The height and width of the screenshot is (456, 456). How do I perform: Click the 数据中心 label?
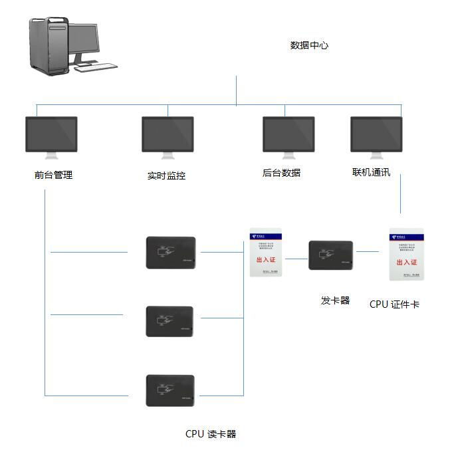point(309,46)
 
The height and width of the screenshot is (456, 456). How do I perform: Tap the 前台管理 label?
point(53,175)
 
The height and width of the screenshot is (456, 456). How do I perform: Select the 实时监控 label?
point(166,176)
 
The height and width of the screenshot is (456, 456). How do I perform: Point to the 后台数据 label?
point(281,173)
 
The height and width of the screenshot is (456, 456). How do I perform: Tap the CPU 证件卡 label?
point(394,304)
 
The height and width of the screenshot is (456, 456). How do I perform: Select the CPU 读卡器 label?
point(211,434)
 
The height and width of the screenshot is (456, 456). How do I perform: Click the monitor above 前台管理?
point(51,136)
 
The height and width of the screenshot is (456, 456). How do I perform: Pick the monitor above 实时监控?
point(168,136)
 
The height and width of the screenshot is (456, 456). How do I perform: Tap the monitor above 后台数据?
point(288,136)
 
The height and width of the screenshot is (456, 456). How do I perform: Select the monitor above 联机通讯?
point(376,136)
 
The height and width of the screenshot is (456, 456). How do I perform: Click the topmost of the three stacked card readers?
point(171,253)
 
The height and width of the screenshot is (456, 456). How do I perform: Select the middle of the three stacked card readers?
point(170,321)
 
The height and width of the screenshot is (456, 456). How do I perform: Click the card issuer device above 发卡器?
point(331,255)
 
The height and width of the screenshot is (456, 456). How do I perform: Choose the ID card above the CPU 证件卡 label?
point(406,255)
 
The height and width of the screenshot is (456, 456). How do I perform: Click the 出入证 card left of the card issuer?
point(266,253)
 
